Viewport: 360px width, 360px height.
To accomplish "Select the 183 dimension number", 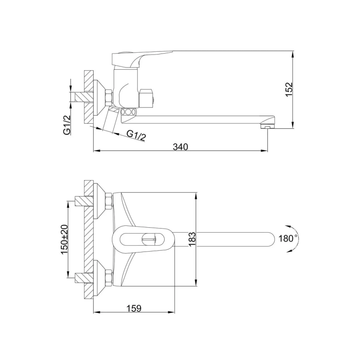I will point(192,239).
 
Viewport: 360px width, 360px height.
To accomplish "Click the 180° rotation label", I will point(288,238).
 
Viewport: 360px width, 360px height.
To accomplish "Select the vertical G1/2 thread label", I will point(66,125).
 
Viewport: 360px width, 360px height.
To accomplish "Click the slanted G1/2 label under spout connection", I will point(136,135).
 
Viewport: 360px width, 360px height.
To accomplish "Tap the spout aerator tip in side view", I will point(267,127).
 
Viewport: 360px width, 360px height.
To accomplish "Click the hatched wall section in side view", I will point(88,97).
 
